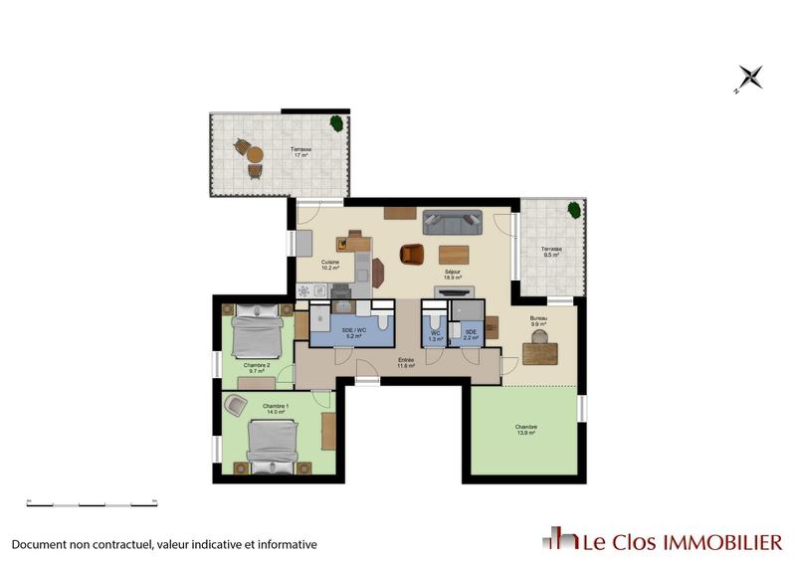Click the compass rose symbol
[749, 77]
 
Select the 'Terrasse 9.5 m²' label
[550, 252]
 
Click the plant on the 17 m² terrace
[337, 123]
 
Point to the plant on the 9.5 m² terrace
[573, 210]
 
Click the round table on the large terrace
[255, 155]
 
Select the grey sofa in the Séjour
[452, 221]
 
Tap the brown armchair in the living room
[411, 254]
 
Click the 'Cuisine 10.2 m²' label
[330, 265]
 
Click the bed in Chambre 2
[256, 332]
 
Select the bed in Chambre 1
[272, 446]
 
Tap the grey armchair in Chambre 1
[236, 405]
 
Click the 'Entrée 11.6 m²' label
[405, 362]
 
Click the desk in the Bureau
[539, 352]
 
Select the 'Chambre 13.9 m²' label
[527, 430]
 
